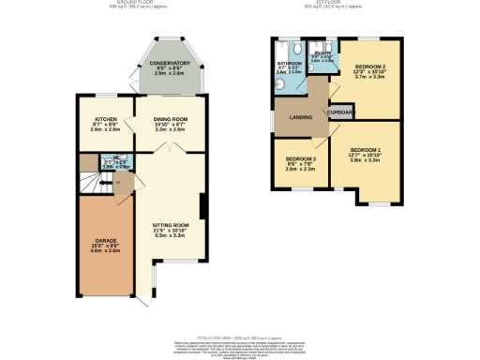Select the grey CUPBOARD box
(340, 112)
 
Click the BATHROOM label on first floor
(289, 63)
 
